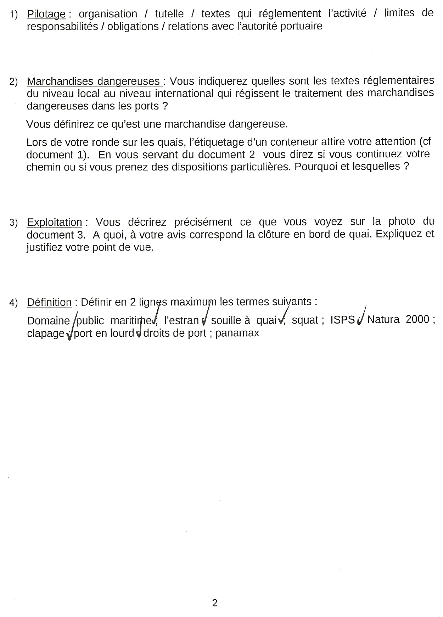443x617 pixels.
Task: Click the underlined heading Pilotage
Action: click(x=46, y=14)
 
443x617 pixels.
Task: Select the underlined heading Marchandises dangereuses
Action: click(x=94, y=82)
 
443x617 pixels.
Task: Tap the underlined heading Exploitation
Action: click(x=55, y=222)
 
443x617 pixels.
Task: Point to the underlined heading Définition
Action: click(x=49, y=302)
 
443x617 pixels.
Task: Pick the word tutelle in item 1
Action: click(x=169, y=14)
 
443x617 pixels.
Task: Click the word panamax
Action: click(x=237, y=333)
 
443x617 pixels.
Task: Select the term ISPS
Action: click(x=342, y=320)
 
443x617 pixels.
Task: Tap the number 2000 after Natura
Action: click(x=417, y=320)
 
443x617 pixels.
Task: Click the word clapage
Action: click(x=46, y=333)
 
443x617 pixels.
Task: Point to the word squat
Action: click(x=305, y=320)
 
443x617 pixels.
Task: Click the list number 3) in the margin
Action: click(x=13, y=223)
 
